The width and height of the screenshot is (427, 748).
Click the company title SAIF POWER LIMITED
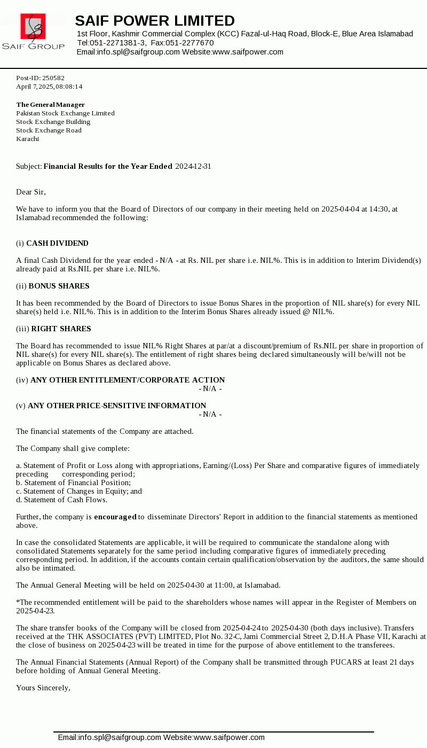155,21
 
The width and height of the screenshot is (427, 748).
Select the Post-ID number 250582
53,78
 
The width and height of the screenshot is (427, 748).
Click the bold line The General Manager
50,105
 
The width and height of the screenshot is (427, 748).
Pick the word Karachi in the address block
27,139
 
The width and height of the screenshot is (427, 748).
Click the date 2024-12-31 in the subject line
193,166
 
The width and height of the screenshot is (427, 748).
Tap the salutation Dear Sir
31,192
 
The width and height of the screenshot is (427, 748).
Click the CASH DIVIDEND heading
57,243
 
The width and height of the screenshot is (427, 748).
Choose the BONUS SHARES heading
59,286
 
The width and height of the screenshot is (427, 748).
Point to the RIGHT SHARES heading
61,329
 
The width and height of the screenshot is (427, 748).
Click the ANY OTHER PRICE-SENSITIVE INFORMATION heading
117,406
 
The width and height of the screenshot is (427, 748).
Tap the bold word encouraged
115,517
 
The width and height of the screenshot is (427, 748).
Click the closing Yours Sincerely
43,688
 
